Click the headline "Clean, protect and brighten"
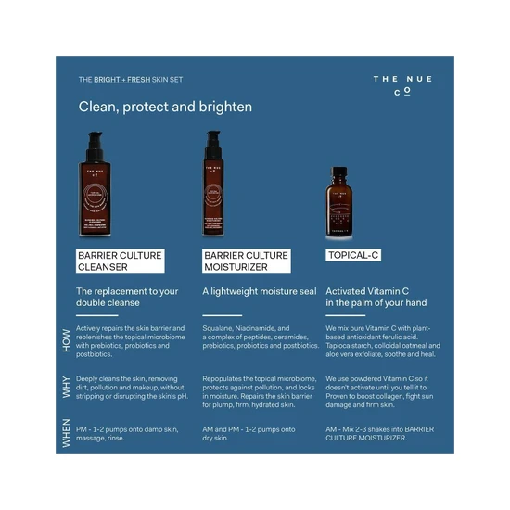point(165,107)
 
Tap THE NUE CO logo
point(402,85)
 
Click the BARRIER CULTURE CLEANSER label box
point(119,261)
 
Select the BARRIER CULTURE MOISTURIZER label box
point(246,261)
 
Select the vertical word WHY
point(66,388)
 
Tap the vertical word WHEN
point(66,433)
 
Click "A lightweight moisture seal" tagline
point(259,291)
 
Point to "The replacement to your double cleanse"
point(127,297)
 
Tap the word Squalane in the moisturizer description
point(219,328)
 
